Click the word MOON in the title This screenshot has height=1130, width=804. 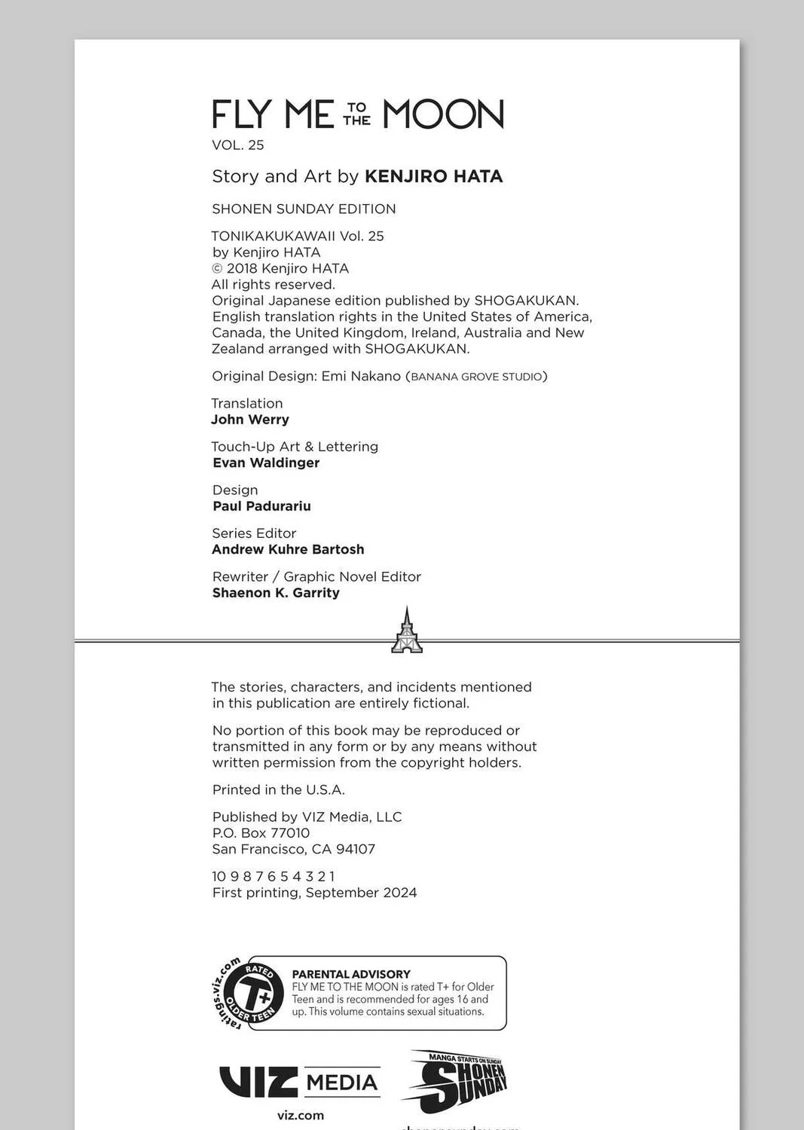click(442, 115)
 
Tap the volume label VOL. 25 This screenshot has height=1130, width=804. click(238, 145)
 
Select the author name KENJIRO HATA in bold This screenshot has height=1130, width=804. click(433, 176)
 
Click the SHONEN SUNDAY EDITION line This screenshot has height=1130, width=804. click(304, 209)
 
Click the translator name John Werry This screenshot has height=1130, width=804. click(250, 420)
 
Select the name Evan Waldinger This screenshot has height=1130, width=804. click(266, 463)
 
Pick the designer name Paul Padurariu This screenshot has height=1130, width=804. click(261, 506)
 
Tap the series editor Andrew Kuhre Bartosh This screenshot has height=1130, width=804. click(288, 549)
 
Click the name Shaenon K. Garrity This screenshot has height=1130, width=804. click(276, 593)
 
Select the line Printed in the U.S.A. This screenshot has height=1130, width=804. click(278, 789)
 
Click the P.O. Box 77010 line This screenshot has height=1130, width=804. click(261, 832)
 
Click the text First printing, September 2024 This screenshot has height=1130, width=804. click(314, 893)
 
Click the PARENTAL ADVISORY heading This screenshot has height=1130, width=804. click(351, 974)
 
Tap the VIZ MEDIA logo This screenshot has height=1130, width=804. click(299, 1083)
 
